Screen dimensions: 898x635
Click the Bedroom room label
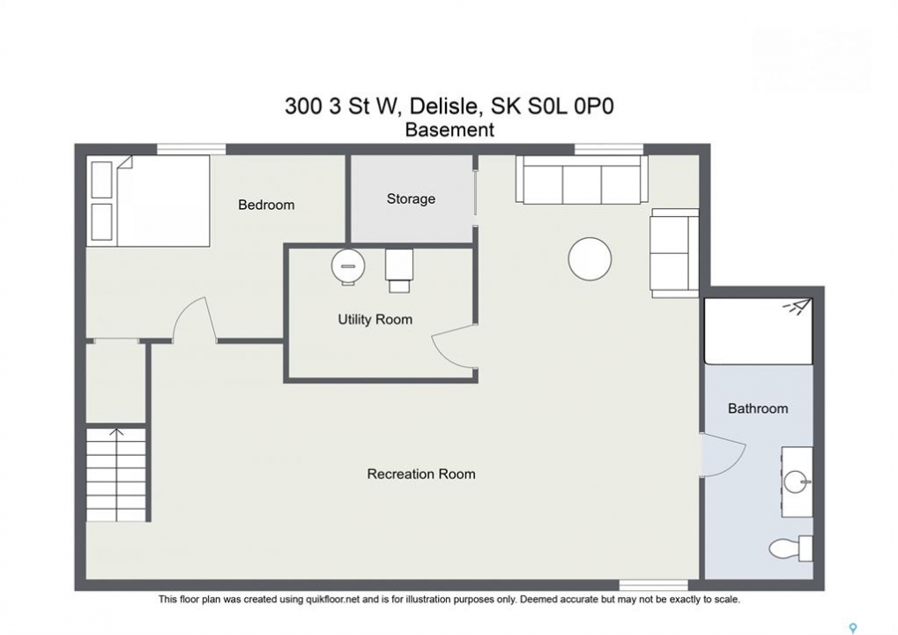pyautogui.click(x=266, y=205)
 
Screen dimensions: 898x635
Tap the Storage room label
pyautogui.click(x=411, y=198)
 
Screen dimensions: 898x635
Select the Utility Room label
pyautogui.click(x=375, y=319)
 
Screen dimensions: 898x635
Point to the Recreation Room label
pyautogui.click(x=421, y=474)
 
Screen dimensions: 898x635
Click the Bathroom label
pyautogui.click(x=758, y=408)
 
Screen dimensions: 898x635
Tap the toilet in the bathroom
pyautogui.click(x=790, y=549)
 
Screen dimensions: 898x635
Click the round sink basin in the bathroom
pyautogui.click(x=795, y=482)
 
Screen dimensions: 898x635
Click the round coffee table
pyautogui.click(x=590, y=259)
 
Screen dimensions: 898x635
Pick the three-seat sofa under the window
pyautogui.click(x=582, y=179)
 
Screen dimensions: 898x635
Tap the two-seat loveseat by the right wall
pyautogui.click(x=675, y=253)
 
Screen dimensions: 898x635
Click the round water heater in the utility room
pyautogui.click(x=348, y=266)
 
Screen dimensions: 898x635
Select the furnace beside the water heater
pyautogui.click(x=399, y=270)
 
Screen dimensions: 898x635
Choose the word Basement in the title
pyautogui.click(x=449, y=131)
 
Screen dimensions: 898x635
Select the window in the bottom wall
pyautogui.click(x=654, y=585)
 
